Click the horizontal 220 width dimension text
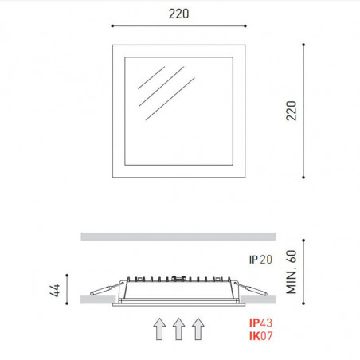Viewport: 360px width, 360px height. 178,13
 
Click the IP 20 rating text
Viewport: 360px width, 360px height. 260,259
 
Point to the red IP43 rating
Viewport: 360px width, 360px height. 260,324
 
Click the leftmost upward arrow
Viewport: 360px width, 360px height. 159,328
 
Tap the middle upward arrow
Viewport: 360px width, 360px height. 178,328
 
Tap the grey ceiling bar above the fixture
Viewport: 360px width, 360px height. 178,236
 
